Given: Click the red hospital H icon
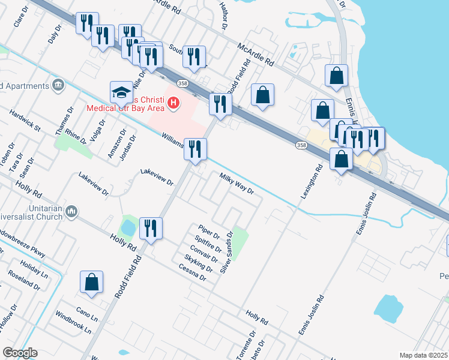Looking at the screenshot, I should coord(173,103).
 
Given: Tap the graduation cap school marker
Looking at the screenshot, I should coord(121,93).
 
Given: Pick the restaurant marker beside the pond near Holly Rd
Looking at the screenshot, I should coord(150,228).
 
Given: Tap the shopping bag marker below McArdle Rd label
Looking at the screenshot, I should coord(262,95).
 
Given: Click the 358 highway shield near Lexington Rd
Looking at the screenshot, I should coord(301,145).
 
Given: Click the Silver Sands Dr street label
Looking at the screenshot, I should coord(226,253).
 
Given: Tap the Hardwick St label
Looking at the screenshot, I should coord(25,120).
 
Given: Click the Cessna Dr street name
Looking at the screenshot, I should coord(192,274).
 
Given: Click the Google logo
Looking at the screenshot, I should coord(20,353).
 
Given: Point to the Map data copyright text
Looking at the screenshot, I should coord(423,355).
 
